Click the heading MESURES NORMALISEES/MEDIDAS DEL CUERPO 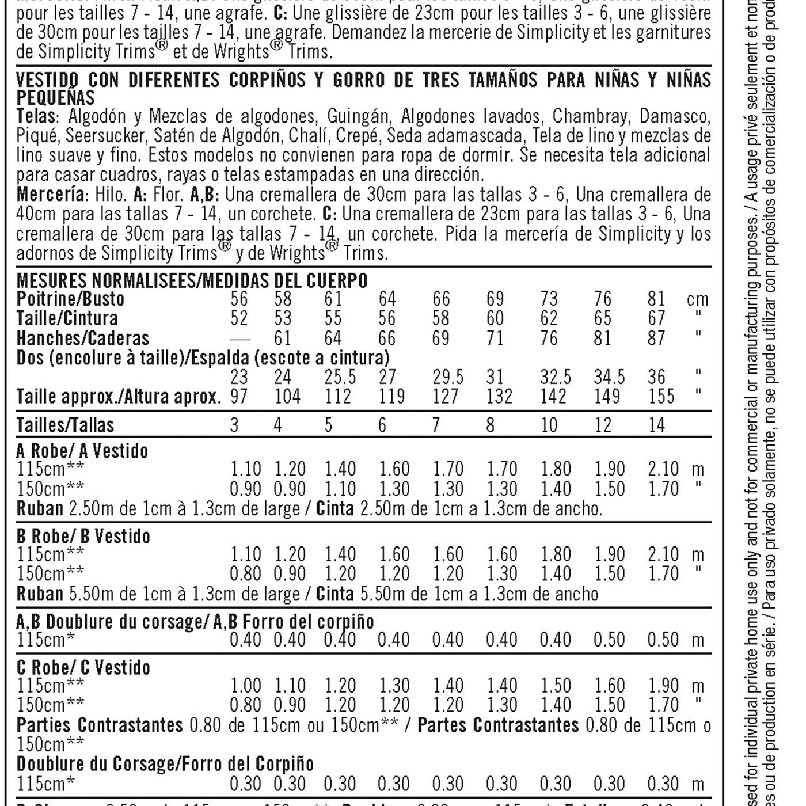click(192, 280)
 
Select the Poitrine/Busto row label click(70, 299)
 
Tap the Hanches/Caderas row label click(82, 338)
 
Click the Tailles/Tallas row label click(65, 425)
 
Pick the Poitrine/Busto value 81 click(656, 299)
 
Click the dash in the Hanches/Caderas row click(239, 339)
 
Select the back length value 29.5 click(448, 377)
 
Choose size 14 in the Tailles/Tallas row click(656, 425)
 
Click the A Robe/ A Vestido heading click(82, 450)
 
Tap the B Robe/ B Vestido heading click(83, 536)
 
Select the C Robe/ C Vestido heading click(83, 667)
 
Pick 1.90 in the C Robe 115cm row click(663, 686)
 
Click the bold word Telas click(36, 116)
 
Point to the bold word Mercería click(50, 194)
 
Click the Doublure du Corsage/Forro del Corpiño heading click(165, 764)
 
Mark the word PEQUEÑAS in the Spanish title click(55, 97)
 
